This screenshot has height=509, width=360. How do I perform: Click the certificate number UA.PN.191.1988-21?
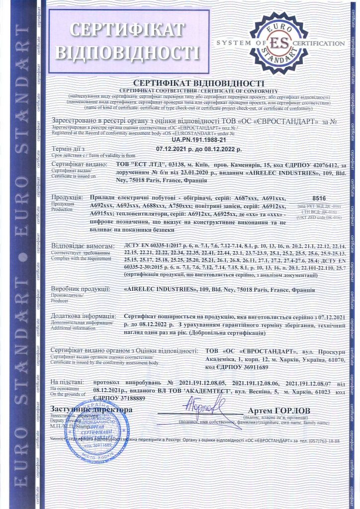(180, 142)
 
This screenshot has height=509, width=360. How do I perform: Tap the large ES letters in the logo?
(279, 43)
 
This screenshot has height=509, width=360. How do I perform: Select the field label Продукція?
(68, 198)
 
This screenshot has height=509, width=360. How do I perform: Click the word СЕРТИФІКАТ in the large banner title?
(127, 30)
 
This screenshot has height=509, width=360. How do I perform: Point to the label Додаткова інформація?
(84, 316)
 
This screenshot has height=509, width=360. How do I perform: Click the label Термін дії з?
(69, 149)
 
